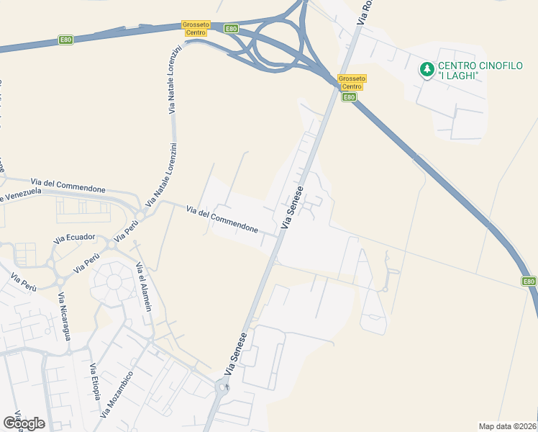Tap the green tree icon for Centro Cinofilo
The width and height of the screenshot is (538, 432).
point(427,69)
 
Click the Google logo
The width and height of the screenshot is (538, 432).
point(24,423)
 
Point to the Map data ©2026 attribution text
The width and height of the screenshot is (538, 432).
point(507,426)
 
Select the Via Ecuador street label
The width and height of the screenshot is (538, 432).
point(74,238)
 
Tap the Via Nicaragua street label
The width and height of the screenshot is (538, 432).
point(65,318)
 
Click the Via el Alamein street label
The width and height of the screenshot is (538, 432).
point(143,287)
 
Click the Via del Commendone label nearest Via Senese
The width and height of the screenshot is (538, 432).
point(222,219)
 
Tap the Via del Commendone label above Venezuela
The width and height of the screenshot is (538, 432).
point(68,185)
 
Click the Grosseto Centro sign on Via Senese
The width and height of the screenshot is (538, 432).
point(352,82)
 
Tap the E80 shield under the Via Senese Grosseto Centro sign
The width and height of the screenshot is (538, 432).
point(349,97)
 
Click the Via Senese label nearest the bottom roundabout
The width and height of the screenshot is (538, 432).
point(236,354)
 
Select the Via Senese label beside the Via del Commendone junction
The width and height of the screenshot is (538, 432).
point(292,207)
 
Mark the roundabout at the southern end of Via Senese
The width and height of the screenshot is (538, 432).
point(226,389)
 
